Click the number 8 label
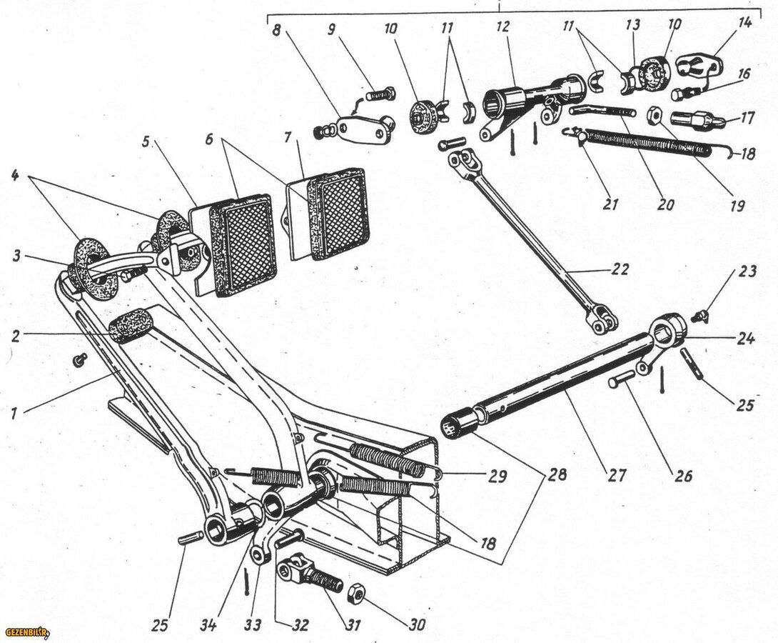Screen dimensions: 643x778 276,31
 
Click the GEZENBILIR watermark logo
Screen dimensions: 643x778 21,632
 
